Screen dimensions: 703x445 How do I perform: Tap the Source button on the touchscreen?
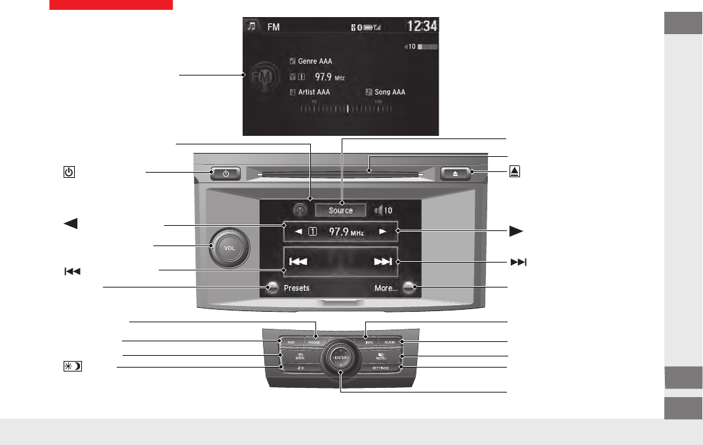[x=340, y=210]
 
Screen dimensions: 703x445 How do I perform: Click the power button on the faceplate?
[x=225, y=174]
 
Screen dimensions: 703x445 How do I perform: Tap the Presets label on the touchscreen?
[x=296, y=287]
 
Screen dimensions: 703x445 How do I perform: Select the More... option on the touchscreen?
[x=386, y=287]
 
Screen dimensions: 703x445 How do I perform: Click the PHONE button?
[x=315, y=342]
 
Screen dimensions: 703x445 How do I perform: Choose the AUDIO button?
[x=390, y=342]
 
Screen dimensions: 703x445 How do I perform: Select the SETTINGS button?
[x=381, y=368]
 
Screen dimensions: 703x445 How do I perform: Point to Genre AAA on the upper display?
[x=315, y=61]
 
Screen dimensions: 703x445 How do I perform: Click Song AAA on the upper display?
[x=390, y=92]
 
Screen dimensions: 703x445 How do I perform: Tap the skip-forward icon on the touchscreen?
[x=382, y=262]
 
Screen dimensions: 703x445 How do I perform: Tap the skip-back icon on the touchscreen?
[x=298, y=262]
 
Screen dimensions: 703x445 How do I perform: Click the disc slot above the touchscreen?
[x=341, y=174]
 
